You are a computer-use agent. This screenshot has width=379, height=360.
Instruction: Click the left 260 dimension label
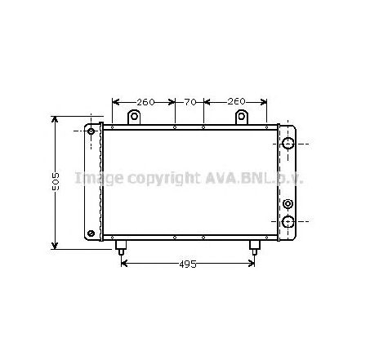144,102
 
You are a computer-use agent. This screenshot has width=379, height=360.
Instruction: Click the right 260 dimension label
235,102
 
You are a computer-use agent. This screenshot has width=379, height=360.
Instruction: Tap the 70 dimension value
189,102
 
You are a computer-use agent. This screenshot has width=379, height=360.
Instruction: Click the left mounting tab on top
132,118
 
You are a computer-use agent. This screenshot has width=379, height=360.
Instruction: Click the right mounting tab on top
243,118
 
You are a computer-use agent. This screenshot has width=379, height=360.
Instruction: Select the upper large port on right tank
288,144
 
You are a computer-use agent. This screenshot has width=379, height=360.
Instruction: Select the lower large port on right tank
288,222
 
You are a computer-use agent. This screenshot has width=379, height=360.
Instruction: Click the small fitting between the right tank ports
288,204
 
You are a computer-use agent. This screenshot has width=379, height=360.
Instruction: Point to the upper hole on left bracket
91,131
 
